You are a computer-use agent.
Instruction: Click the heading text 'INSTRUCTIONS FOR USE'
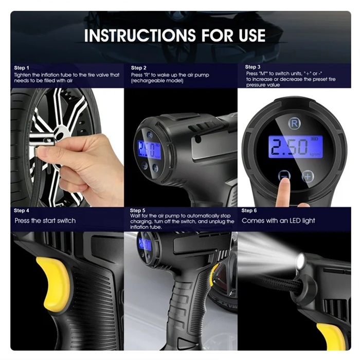(x=175, y=35)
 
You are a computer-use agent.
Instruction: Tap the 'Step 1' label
(x=22, y=68)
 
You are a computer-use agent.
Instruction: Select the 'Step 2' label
(x=138, y=68)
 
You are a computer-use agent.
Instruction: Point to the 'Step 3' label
(x=253, y=67)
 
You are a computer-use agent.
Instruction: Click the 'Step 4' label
(x=22, y=210)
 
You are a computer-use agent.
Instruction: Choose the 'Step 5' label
(x=137, y=210)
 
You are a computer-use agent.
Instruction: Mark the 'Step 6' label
(x=249, y=210)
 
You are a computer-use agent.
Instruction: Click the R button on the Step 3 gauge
(x=294, y=123)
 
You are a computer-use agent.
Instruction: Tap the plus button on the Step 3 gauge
(x=308, y=176)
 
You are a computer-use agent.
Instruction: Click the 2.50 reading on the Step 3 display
(x=289, y=147)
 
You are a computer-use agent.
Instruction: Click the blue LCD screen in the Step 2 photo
(x=149, y=149)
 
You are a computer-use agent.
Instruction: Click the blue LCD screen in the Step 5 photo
(x=145, y=244)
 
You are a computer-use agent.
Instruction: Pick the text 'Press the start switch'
(x=45, y=221)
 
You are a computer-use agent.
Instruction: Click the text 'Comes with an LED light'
(x=278, y=221)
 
